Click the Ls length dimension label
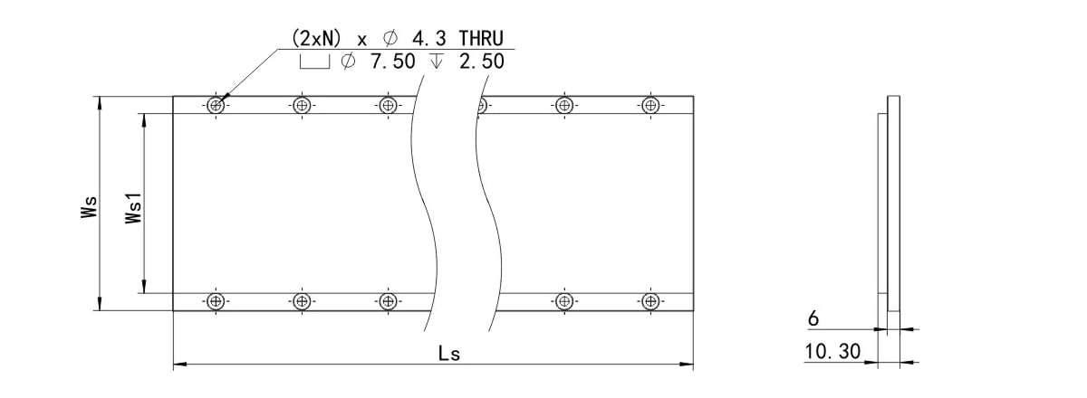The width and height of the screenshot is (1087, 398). point(449,354)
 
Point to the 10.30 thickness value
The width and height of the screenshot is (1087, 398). point(832,352)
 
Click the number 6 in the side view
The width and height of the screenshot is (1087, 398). point(813,319)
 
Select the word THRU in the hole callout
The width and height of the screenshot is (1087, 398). point(486,39)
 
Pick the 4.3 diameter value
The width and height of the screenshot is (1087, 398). point(426,39)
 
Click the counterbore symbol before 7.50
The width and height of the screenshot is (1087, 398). point(313,62)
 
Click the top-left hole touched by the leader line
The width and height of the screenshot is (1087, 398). point(215,105)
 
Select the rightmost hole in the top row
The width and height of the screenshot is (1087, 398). point(649,105)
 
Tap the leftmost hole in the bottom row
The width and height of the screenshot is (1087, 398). point(215,301)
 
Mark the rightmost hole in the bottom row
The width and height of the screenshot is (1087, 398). point(649,301)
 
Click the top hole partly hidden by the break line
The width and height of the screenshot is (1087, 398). point(483,105)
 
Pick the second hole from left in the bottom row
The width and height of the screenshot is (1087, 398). point(302,301)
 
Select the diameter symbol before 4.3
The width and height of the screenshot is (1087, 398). point(390,40)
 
